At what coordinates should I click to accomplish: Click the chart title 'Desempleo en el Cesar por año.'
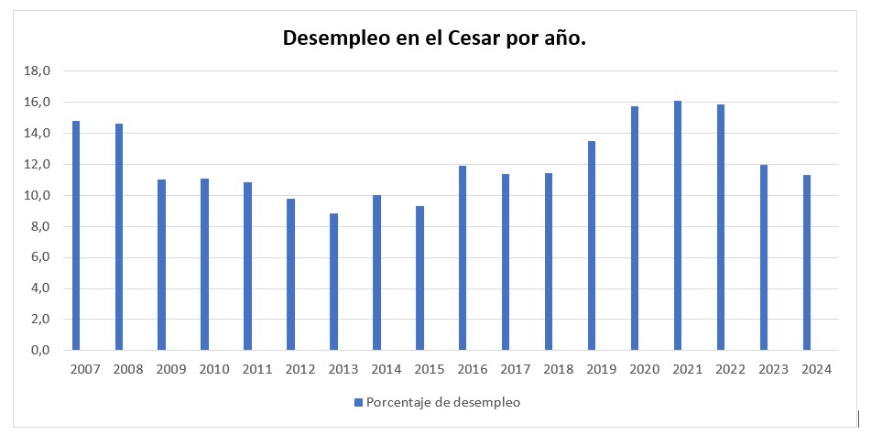coord(434,38)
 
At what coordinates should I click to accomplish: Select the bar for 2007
coord(76,235)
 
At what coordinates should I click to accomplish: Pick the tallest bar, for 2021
coord(678,225)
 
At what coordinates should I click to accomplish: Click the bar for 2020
coord(635,228)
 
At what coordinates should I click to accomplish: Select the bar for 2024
coord(807,263)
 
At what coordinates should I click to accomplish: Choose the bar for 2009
coord(162,265)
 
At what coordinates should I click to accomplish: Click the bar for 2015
coord(419,278)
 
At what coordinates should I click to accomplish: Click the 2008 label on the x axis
coord(128,369)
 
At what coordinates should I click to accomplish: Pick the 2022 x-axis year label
coord(729,369)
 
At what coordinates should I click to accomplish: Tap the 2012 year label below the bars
coord(299,369)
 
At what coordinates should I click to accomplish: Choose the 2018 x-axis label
coord(557,369)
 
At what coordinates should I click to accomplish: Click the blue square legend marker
coord(358,402)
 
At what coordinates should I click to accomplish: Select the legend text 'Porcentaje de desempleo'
coord(443,402)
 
